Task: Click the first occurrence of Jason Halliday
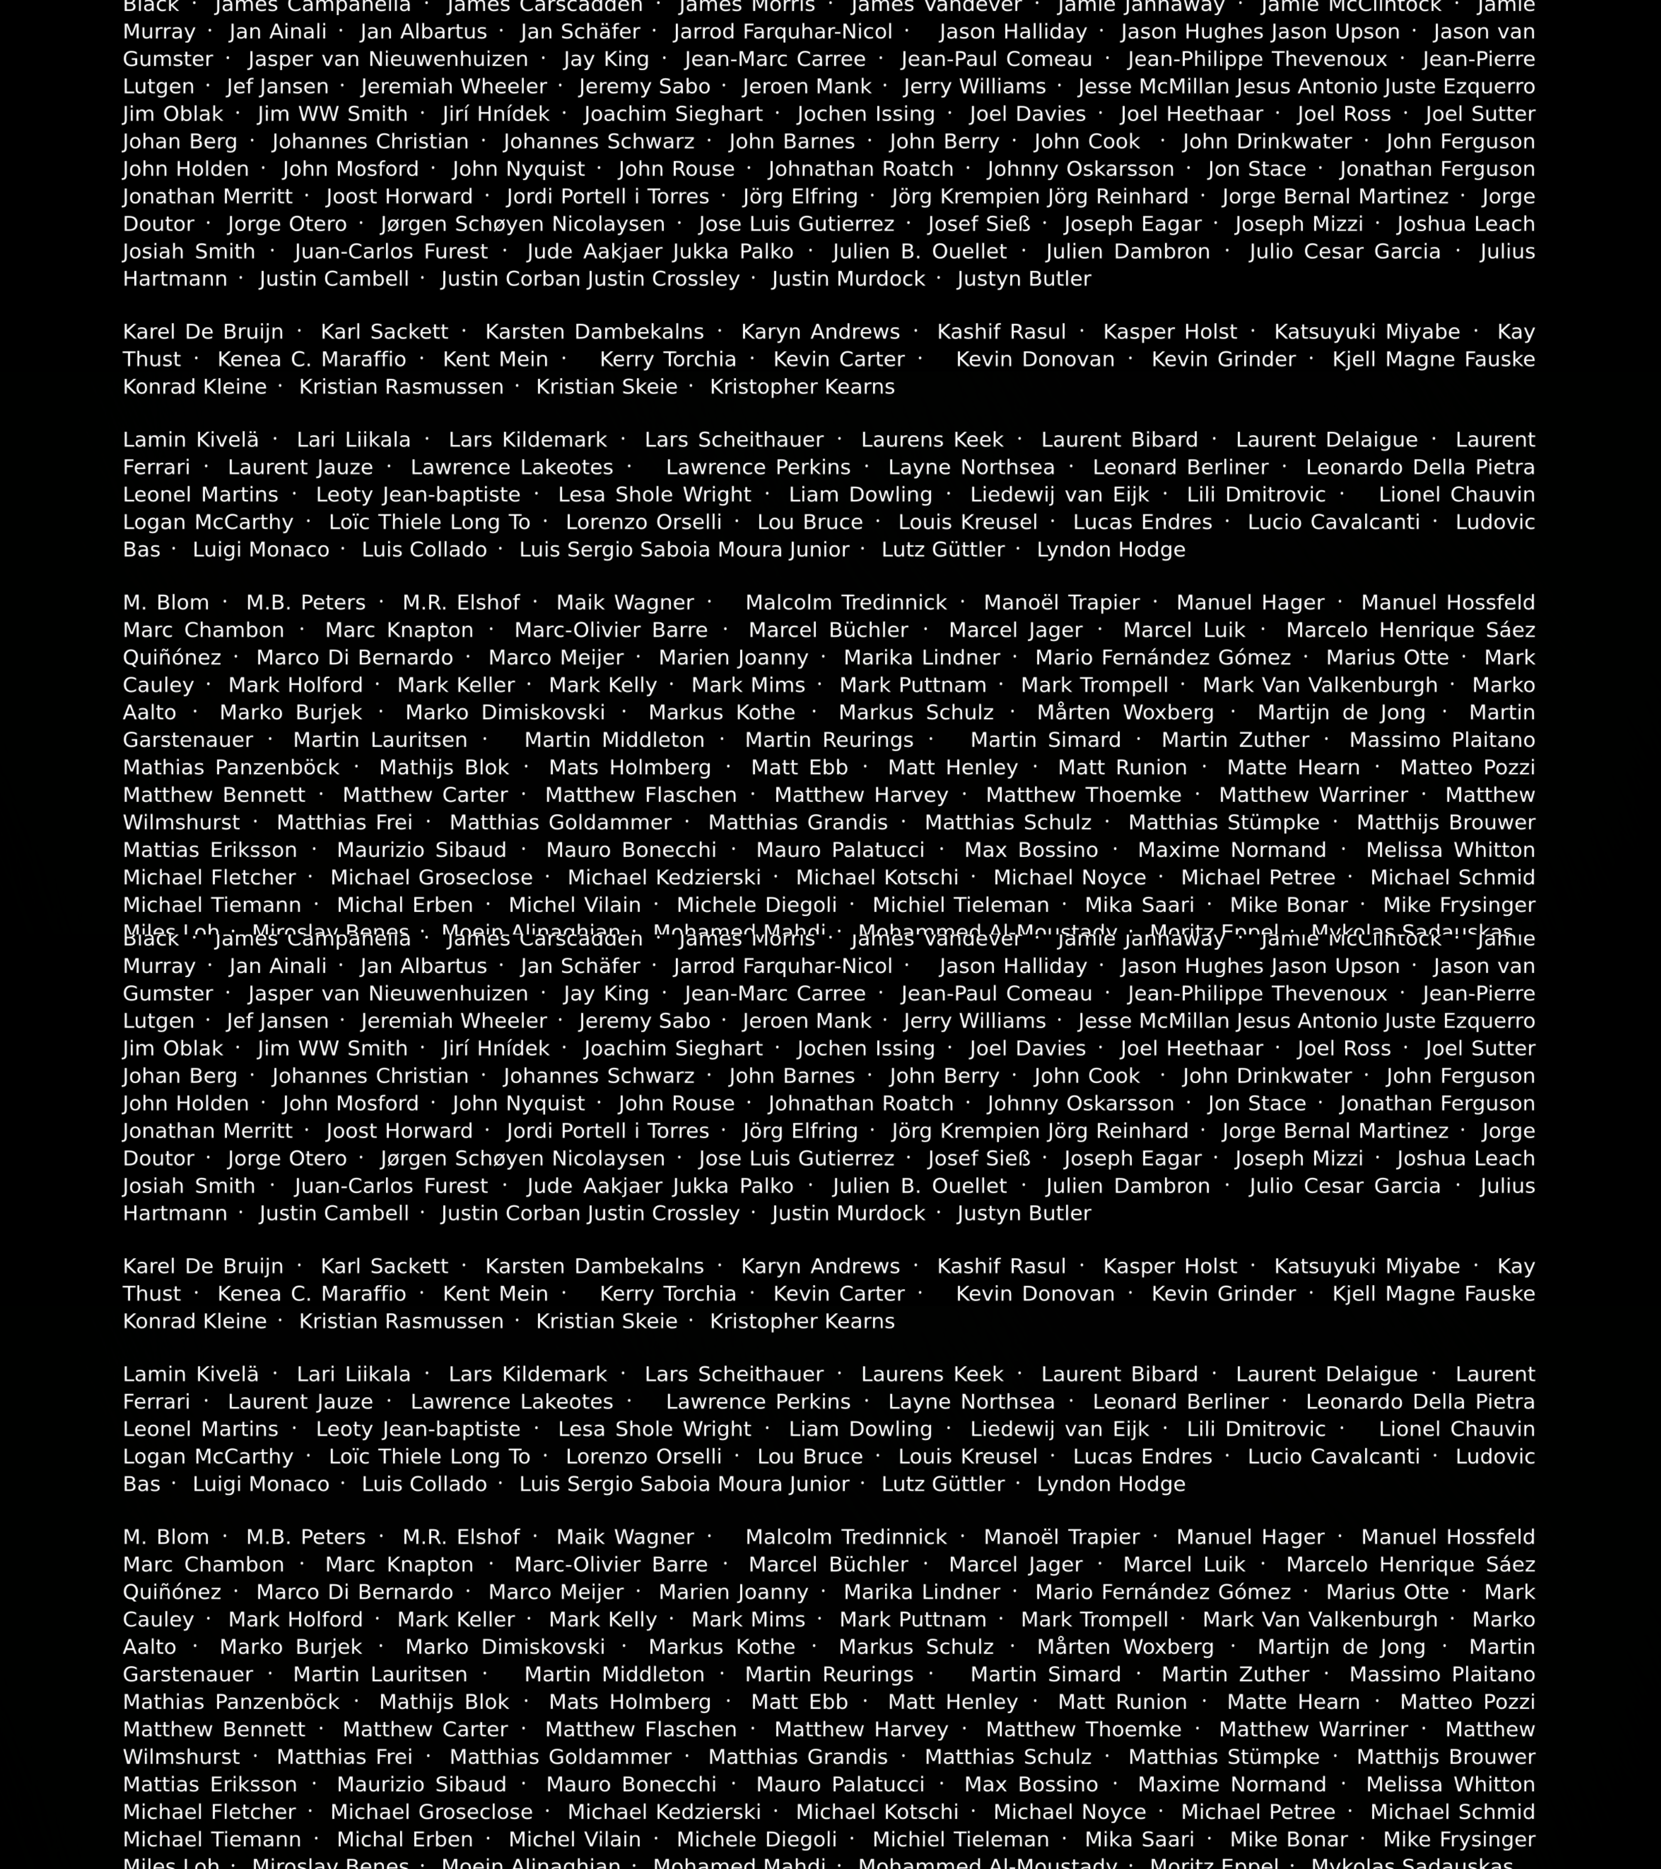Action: pyautogui.click(x=1013, y=32)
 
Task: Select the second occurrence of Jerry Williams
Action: pyautogui.click(x=975, y=1021)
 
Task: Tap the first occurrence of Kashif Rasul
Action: pyautogui.click(x=1002, y=332)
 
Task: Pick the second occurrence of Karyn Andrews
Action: pyautogui.click(x=820, y=1266)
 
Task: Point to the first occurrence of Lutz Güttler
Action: pyautogui.click(x=943, y=549)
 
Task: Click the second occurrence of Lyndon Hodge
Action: pyautogui.click(x=1111, y=1484)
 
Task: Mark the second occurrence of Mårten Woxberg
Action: pyautogui.click(x=1125, y=1647)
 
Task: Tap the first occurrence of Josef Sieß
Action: pyautogui.click(x=979, y=224)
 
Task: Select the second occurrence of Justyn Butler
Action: pyautogui.click(x=1024, y=1213)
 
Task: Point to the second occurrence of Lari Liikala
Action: pyautogui.click(x=354, y=1374)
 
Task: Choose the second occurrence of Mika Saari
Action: pyautogui.click(x=1139, y=1839)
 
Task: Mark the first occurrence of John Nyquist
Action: pyautogui.click(x=518, y=169)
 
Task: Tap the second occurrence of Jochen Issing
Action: pyautogui.click(x=866, y=1049)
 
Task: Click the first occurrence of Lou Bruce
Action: pyautogui.click(x=810, y=522)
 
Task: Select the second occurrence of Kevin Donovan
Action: pyautogui.click(x=1035, y=1294)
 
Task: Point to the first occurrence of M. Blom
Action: pyautogui.click(x=165, y=603)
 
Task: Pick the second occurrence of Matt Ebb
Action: pyautogui.click(x=799, y=1702)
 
